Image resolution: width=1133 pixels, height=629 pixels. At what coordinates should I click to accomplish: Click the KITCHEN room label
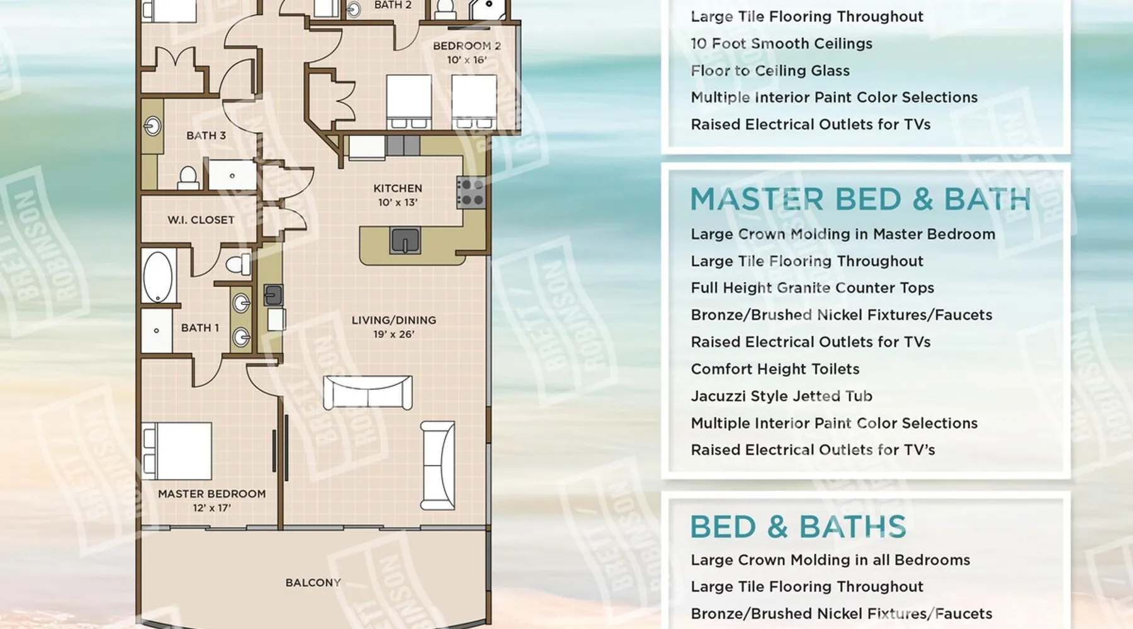point(397,188)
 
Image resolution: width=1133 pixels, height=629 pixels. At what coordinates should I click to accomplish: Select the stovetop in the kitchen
point(471,192)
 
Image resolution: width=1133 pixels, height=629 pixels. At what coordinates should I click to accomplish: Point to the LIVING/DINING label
point(393,320)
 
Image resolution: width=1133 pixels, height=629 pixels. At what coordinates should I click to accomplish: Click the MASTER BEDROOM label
point(211,494)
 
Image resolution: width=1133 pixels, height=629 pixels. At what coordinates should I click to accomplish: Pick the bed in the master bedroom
point(178,451)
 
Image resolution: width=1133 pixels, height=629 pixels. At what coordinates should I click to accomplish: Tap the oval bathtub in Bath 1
point(158,277)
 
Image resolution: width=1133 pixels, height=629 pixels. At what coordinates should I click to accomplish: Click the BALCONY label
point(313,582)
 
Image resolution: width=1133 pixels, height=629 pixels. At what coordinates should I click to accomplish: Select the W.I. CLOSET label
point(201,220)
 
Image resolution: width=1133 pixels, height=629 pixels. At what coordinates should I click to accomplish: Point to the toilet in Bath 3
point(188,178)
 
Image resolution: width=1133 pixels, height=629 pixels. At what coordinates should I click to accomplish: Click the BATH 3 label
point(206,135)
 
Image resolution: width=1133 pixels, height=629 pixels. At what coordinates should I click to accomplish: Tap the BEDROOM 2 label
point(466,46)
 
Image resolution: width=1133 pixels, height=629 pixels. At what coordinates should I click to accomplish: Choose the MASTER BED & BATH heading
point(860,199)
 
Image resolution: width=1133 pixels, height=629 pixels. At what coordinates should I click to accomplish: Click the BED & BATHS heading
point(798,527)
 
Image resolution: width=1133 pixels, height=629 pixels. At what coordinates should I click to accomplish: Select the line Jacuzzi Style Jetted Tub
point(781,396)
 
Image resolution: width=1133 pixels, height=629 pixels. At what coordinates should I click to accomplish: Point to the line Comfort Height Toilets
point(775,369)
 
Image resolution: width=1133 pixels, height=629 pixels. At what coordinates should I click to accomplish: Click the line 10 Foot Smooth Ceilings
point(781,43)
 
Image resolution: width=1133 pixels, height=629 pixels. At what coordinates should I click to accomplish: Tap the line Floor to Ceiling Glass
point(770,70)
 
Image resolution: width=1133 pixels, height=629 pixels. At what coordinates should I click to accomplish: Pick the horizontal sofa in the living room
point(368,392)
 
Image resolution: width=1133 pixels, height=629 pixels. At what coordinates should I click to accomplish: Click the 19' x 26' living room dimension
point(393,335)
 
